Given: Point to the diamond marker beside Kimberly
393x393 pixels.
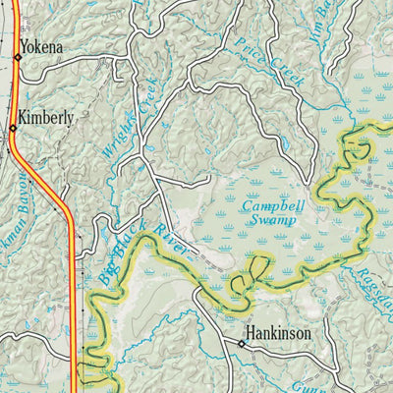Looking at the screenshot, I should (13, 128).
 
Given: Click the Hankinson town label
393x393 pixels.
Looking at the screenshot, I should (279, 334).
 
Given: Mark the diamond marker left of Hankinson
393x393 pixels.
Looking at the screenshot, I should (241, 344).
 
